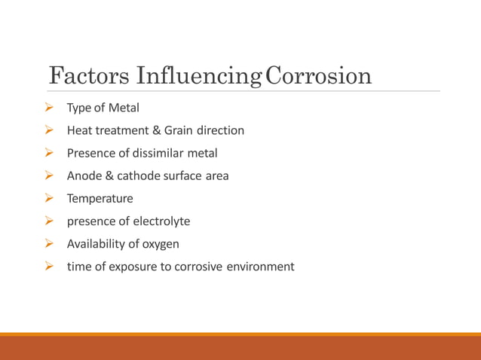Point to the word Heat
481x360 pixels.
click(x=79, y=130)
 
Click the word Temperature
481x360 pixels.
click(x=100, y=198)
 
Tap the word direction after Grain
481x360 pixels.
click(x=222, y=130)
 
